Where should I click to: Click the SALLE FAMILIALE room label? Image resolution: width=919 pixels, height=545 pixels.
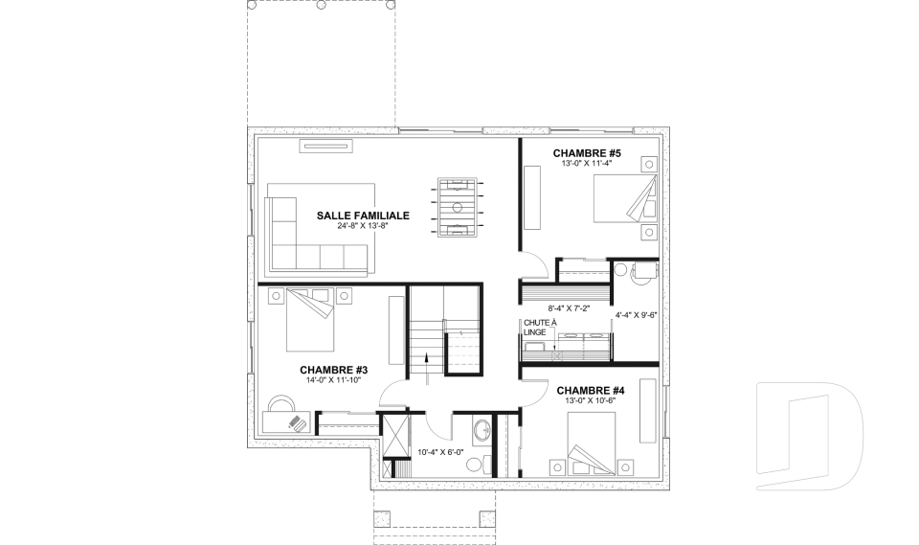click(x=363, y=216)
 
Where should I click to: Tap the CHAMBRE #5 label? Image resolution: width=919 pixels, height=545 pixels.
click(x=587, y=153)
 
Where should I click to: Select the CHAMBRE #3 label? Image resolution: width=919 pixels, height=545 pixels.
click(x=333, y=370)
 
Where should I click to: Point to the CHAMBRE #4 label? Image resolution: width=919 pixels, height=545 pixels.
click(x=591, y=391)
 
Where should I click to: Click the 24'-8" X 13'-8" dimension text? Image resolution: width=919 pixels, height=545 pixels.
click(x=364, y=226)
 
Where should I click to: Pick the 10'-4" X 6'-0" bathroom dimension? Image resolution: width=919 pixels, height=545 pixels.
click(x=440, y=452)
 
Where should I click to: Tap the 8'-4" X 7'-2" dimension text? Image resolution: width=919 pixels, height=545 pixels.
click(x=569, y=308)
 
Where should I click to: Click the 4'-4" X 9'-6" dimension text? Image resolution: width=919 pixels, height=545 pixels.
click(x=636, y=315)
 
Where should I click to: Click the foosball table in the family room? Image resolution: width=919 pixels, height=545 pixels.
click(x=458, y=207)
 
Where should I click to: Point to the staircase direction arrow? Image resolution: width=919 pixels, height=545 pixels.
click(x=426, y=363)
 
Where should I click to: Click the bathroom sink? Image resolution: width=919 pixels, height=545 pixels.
click(x=482, y=429)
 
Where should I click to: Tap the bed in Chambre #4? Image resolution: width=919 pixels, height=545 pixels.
click(x=592, y=443)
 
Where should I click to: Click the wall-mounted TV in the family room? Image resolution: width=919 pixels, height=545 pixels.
click(x=325, y=147)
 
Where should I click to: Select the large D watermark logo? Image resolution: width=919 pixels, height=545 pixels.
click(x=809, y=436)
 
